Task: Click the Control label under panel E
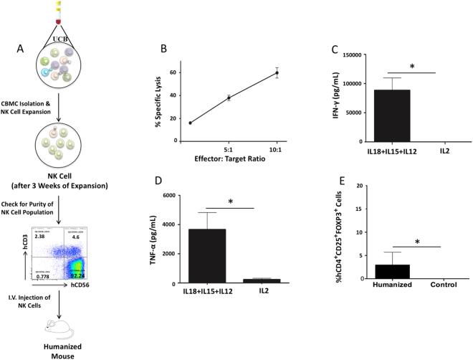[x=434, y=290]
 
